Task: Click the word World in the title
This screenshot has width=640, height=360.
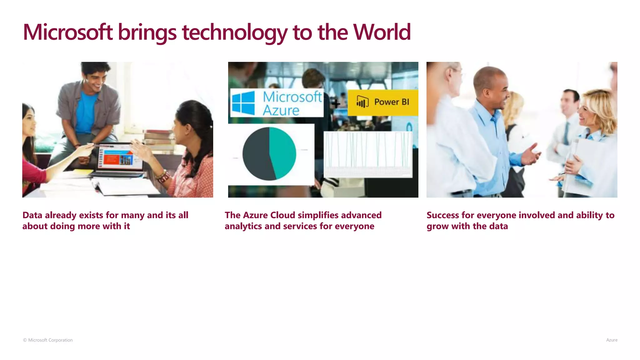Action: coord(382,32)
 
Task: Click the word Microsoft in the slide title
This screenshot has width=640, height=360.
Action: coord(67,32)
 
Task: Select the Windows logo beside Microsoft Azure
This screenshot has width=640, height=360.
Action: coord(243,103)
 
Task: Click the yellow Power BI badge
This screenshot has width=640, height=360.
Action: coord(383,102)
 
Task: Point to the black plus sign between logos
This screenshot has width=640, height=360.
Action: coord(336,103)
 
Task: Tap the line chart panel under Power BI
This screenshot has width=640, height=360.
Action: coord(368,154)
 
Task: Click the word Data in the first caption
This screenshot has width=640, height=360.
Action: coord(32,215)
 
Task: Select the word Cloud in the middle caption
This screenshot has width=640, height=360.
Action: coord(282,215)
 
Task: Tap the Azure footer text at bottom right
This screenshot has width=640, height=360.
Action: coord(612,340)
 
